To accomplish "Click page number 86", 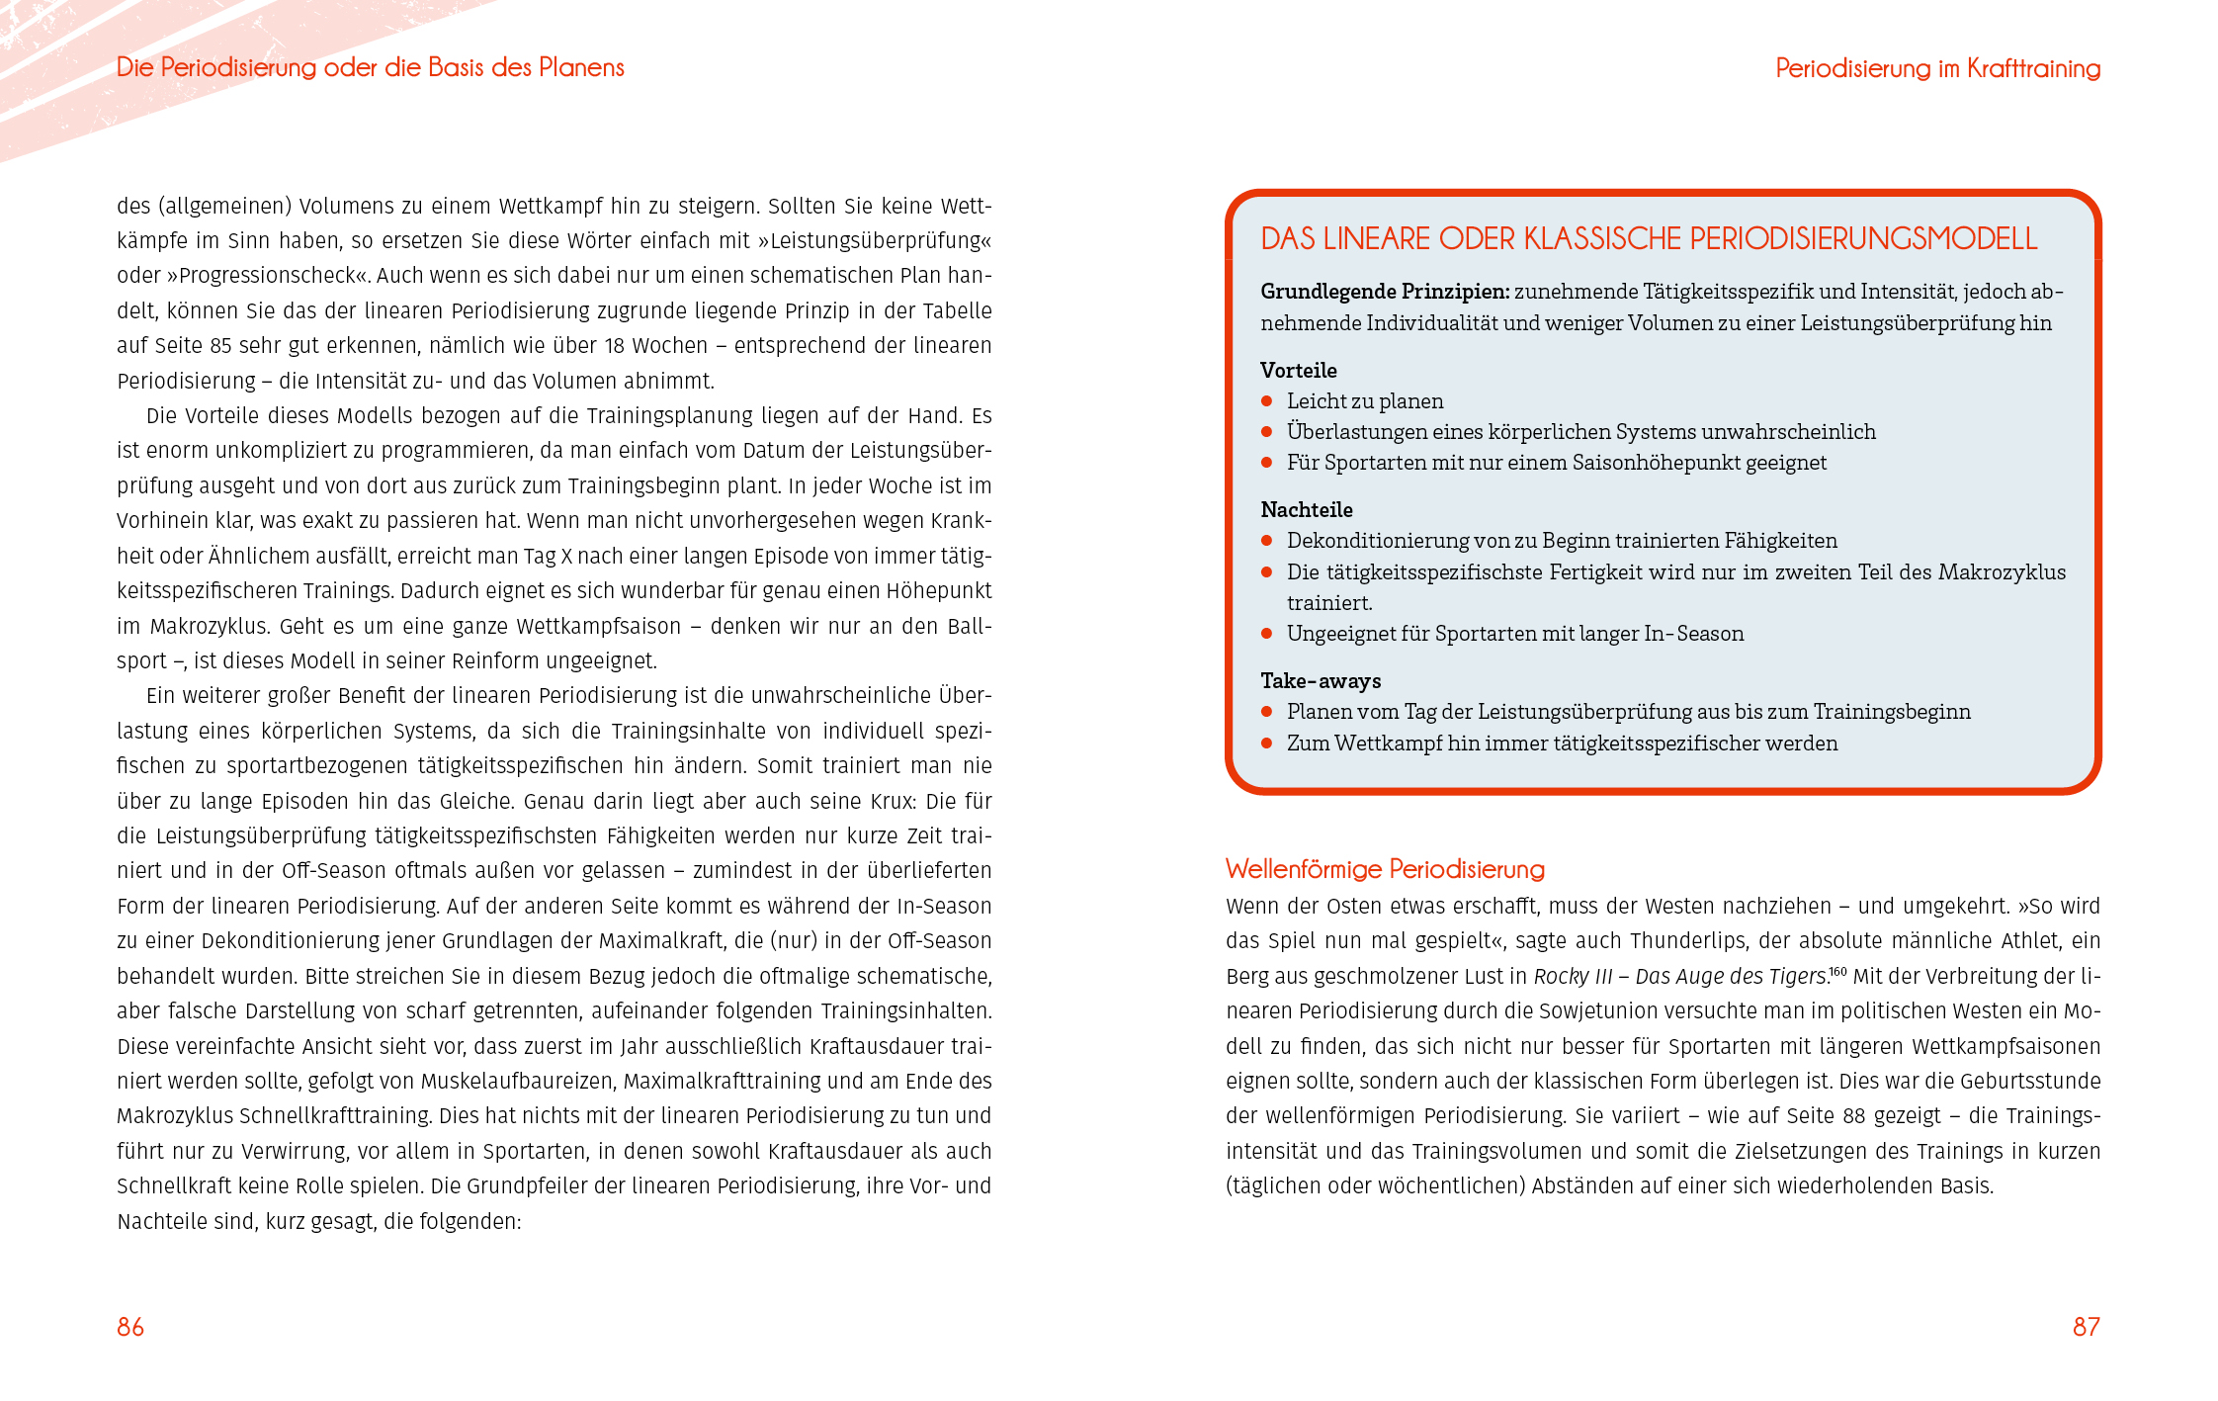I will pyautogui.click(x=130, y=1327).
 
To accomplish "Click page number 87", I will pyautogui.click(x=2086, y=1327).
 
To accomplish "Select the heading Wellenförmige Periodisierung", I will pyautogui.click(x=1384, y=869).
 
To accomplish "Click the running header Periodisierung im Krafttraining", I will pyautogui.click(x=1937, y=68).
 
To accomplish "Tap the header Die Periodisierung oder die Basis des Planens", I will pyautogui.click(x=371, y=67).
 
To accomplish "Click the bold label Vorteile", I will pyautogui.click(x=1298, y=371).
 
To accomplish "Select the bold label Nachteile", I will pyautogui.click(x=1306, y=510).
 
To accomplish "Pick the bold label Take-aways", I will pyautogui.click(x=1321, y=681).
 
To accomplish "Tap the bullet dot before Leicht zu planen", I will pyautogui.click(x=1266, y=401).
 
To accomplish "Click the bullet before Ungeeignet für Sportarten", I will pyautogui.click(x=1266, y=634).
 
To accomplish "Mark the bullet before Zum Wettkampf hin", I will pyautogui.click(x=1266, y=744).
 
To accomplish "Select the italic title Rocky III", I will pyautogui.click(x=1572, y=977).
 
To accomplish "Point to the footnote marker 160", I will pyautogui.click(x=1837, y=972).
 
